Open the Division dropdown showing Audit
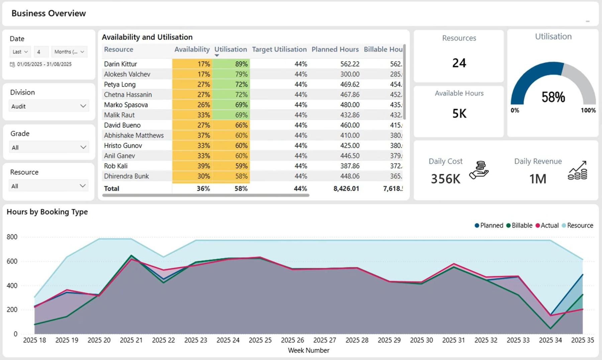[48, 106]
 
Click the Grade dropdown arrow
[83, 147]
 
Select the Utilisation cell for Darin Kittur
[231, 64]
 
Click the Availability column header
[192, 49]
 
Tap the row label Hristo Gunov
[123, 146]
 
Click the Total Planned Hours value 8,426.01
[346, 188]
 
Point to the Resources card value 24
[459, 63]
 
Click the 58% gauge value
[553, 97]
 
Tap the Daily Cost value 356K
[445, 179]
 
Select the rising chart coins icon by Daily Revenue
[578, 170]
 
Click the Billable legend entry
[519, 226]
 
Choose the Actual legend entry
[547, 226]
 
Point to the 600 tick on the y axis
[12, 261]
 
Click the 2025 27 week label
[324, 340]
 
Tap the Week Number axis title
[308, 350]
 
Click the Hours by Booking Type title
[47, 212]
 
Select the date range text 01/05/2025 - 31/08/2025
[44, 64]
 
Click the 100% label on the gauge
[588, 110]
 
